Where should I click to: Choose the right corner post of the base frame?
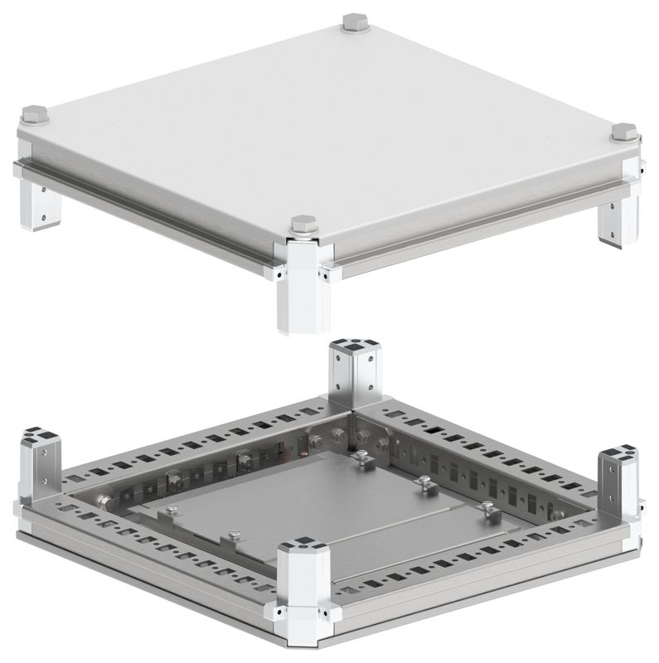(x=618, y=481)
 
